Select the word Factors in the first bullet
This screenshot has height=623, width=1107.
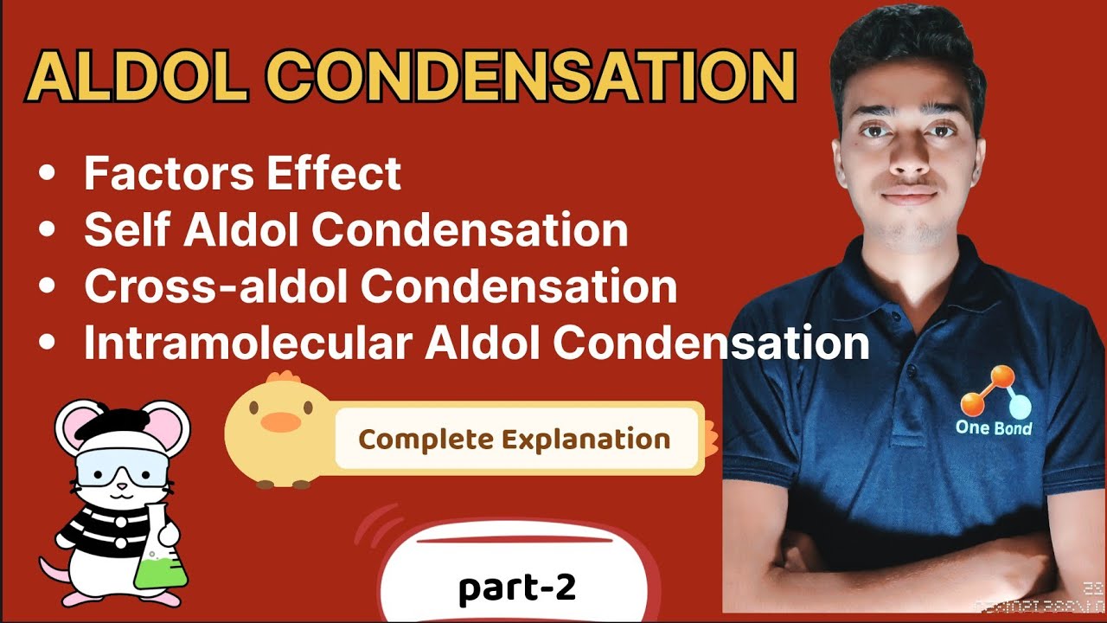point(170,174)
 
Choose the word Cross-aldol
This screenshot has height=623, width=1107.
point(216,288)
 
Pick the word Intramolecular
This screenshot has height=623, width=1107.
point(246,344)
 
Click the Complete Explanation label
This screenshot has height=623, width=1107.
point(515,439)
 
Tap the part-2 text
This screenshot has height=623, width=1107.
point(516,588)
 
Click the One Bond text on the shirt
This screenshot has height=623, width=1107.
point(993,427)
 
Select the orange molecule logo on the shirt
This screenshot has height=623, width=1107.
point(995,394)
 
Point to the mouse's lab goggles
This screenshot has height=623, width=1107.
point(121,472)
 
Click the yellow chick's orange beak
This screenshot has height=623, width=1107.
point(280,422)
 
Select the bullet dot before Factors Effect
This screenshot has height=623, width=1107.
point(47,175)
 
